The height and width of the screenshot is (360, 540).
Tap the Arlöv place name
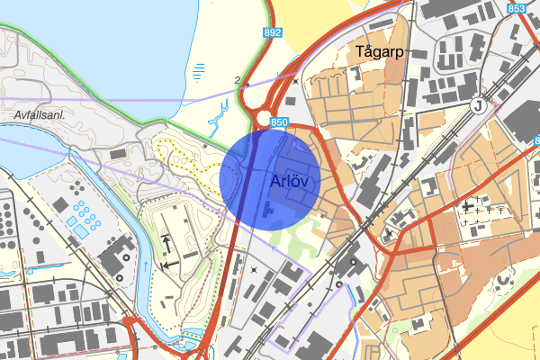click(x=289, y=180)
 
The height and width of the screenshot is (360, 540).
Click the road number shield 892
click(x=273, y=31)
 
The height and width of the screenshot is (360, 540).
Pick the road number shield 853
click(x=517, y=8)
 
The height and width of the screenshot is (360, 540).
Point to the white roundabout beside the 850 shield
click(x=264, y=120)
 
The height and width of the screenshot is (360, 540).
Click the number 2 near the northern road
click(x=237, y=80)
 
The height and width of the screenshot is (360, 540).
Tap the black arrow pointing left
click(x=168, y=265)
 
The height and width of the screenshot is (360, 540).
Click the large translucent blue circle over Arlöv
click(x=270, y=179)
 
